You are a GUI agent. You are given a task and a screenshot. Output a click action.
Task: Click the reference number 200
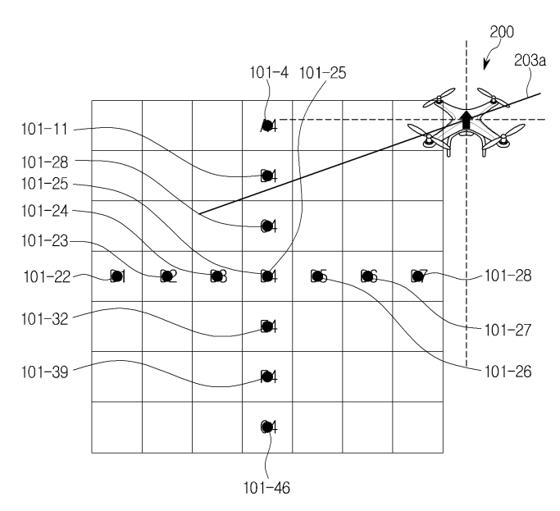click(502, 34)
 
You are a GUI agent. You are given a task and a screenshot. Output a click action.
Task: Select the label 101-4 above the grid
click(269, 72)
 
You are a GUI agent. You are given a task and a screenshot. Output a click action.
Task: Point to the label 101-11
click(48, 130)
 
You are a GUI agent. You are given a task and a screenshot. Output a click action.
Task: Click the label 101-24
click(48, 212)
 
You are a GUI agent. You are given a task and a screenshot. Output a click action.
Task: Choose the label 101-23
click(48, 242)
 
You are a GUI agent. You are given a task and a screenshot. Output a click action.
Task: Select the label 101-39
click(48, 370)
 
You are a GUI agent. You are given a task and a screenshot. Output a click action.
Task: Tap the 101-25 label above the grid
click(324, 72)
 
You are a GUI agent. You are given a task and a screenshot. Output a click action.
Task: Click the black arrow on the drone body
click(466, 120)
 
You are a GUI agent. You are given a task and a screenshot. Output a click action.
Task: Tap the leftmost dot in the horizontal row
click(118, 276)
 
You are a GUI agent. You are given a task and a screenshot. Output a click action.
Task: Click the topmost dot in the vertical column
click(266, 125)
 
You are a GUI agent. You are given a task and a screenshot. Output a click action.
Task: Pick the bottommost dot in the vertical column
click(266, 426)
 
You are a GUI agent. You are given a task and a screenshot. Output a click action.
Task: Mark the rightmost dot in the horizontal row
click(417, 276)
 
